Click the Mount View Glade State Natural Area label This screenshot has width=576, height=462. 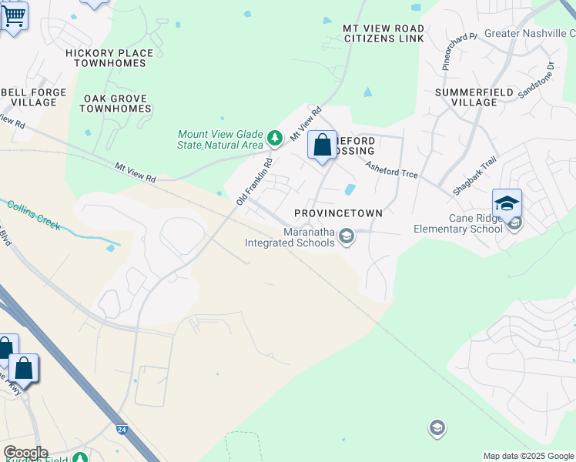(x=220, y=139)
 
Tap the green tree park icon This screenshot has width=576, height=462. (x=275, y=139)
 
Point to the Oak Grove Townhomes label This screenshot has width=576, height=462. (x=116, y=103)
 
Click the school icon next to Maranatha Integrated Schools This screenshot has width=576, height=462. (x=347, y=236)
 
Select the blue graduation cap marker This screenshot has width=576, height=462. (x=507, y=203)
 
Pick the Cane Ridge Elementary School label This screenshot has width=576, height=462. (x=457, y=223)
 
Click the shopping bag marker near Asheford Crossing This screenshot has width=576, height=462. (x=322, y=145)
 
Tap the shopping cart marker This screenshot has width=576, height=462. (x=13, y=16)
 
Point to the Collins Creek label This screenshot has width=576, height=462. (x=34, y=214)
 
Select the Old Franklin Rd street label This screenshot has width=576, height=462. (x=255, y=181)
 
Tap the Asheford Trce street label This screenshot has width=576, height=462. (x=391, y=169)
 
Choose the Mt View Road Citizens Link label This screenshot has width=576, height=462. (x=383, y=33)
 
